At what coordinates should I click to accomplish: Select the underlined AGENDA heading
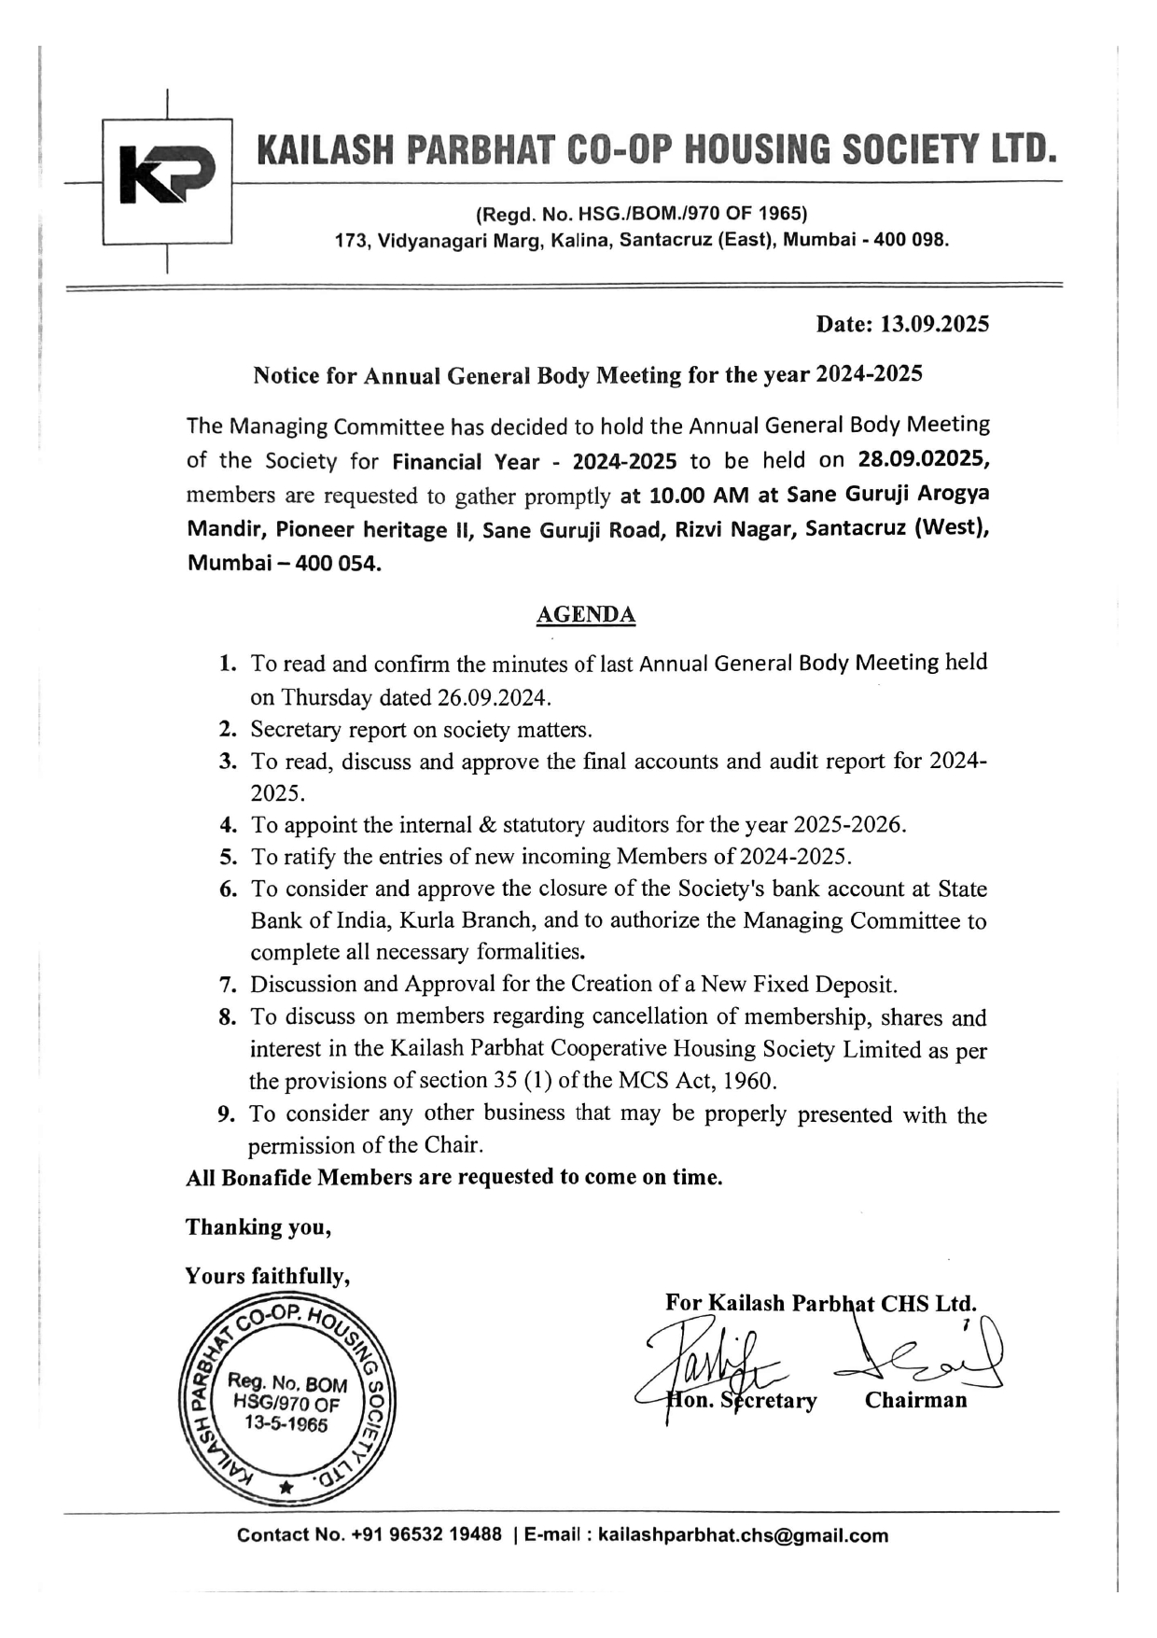[x=586, y=614]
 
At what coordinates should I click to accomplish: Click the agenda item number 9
[x=227, y=1113]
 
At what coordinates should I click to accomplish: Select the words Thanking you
[x=258, y=1226]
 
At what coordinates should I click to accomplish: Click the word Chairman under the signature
[x=915, y=1400]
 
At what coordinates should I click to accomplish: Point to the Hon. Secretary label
[x=742, y=1400]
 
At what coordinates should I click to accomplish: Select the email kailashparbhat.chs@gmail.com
[x=743, y=1535]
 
